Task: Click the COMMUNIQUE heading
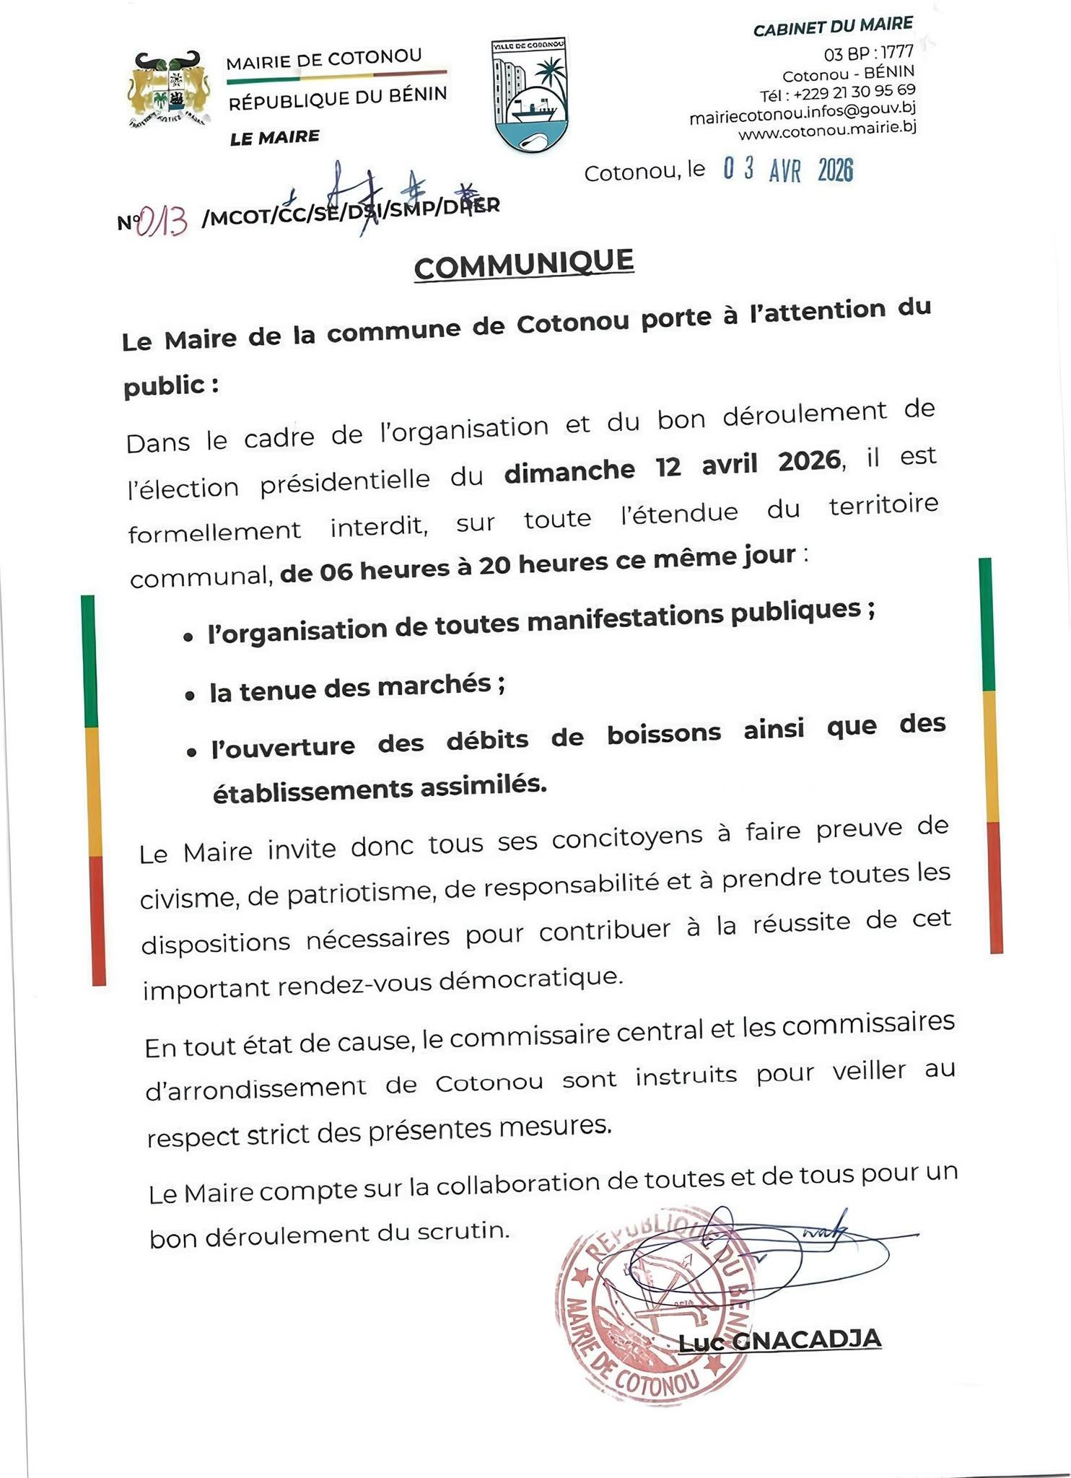click(524, 264)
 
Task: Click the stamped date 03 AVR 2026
click(788, 170)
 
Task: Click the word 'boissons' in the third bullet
click(663, 735)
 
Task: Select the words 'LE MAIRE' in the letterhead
click(274, 137)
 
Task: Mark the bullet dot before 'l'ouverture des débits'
click(191, 751)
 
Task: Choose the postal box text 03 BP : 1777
click(868, 53)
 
